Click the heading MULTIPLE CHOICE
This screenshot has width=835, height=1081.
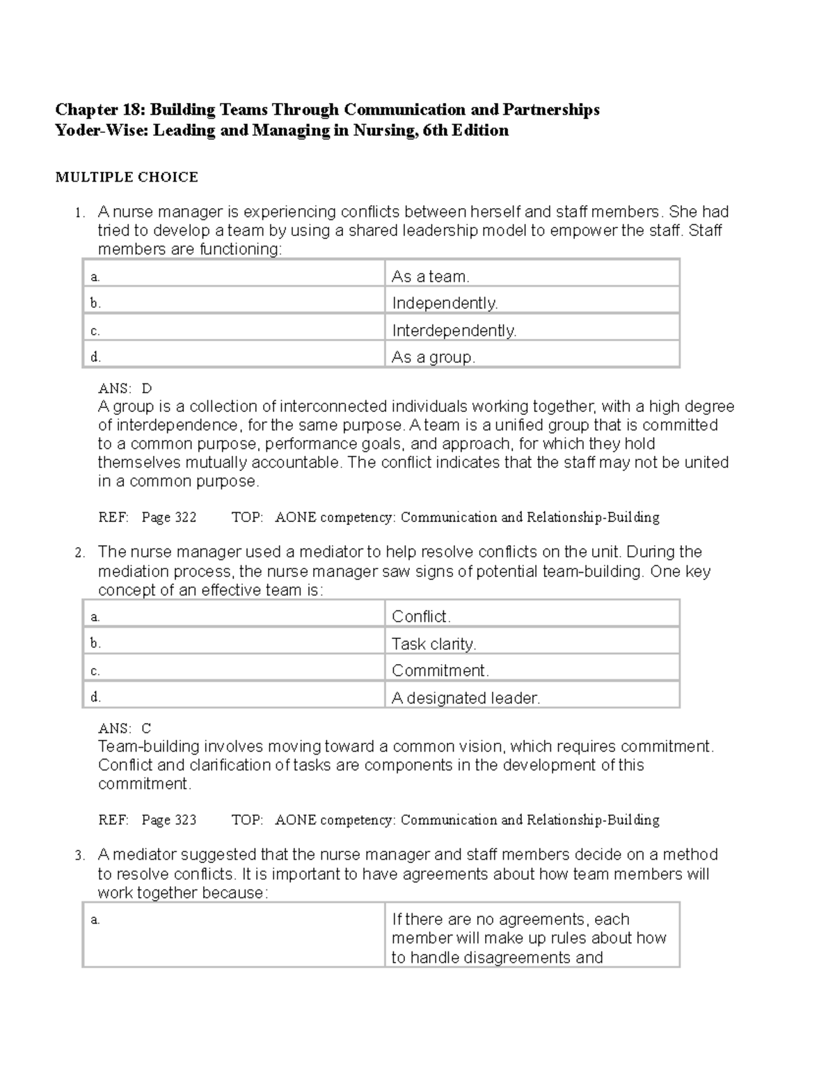pyautogui.click(x=127, y=177)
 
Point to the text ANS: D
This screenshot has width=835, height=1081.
pyautogui.click(x=125, y=388)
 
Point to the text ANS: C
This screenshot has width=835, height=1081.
pyautogui.click(x=125, y=729)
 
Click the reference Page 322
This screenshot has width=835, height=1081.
pyautogui.click(x=169, y=517)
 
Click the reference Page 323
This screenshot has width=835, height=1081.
pyautogui.click(x=169, y=820)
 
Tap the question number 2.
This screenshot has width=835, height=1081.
pyautogui.click(x=80, y=553)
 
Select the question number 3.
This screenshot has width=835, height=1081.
pyautogui.click(x=80, y=855)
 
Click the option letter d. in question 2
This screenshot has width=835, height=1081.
pyautogui.click(x=95, y=697)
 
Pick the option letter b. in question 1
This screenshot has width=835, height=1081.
pyautogui.click(x=95, y=303)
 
